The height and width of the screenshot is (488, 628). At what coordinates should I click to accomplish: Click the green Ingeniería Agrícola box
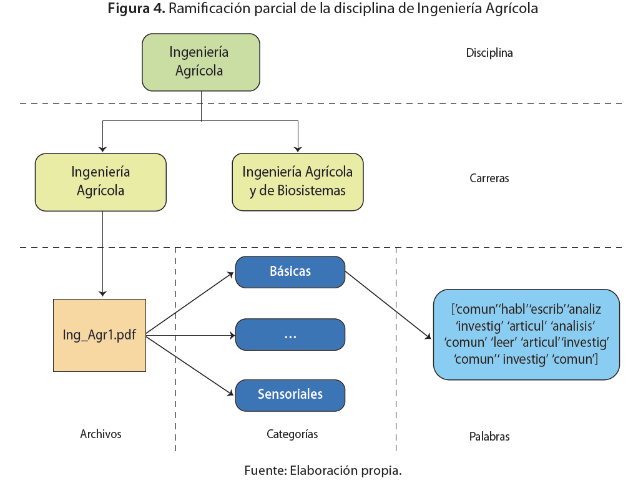pos(201,62)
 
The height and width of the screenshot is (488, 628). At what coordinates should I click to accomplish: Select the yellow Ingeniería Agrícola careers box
pos(101,182)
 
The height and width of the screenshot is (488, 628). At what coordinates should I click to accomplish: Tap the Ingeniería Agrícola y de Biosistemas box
pos(298,182)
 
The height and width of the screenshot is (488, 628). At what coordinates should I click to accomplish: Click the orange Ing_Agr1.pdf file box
pos(99,335)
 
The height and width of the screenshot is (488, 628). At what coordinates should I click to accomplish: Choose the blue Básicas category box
pos(290,271)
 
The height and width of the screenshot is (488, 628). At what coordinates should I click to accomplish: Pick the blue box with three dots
pos(290,334)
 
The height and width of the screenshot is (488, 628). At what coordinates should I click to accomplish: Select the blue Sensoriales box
pos(290,394)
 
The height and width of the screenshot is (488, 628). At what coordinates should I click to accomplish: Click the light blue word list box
pos(526,334)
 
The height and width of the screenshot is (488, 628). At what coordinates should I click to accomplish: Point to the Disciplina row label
pos(489,53)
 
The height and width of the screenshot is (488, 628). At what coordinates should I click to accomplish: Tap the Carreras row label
pos(489,178)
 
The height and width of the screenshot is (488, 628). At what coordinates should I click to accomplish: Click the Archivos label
pos(101,434)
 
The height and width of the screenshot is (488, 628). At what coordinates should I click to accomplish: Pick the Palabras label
pos(489,437)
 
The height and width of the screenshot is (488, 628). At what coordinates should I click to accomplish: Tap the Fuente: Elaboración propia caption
pos(323,471)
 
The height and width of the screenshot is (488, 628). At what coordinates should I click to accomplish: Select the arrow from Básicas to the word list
pos(388,305)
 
